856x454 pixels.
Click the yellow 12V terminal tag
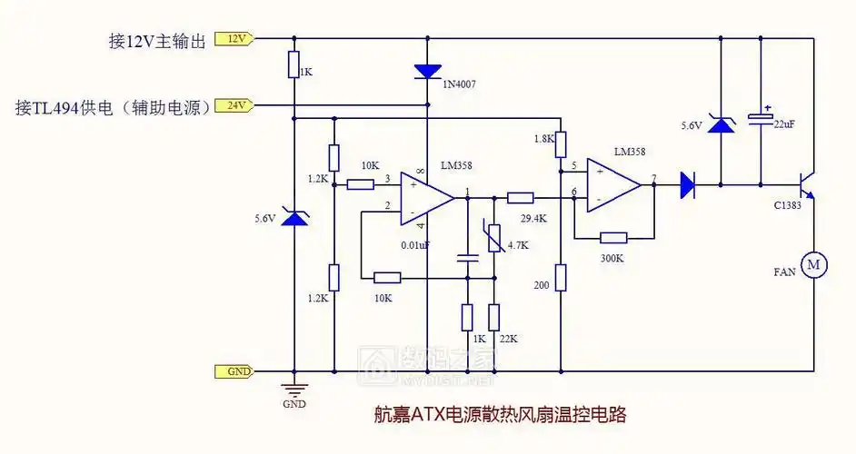(234, 39)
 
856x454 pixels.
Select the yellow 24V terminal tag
(234, 105)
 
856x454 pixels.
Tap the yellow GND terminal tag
(234, 371)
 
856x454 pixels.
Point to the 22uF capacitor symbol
(757, 118)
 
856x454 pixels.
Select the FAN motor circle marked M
(813, 264)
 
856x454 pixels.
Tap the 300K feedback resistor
(613, 238)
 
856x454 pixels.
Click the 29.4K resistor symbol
(520, 197)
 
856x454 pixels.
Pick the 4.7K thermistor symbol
(493, 240)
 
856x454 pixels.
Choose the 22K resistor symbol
(493, 317)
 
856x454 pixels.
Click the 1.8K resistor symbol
(561, 143)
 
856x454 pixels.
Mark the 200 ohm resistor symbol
(561, 276)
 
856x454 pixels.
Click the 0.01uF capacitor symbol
(467, 259)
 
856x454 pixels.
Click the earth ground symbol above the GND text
(294, 385)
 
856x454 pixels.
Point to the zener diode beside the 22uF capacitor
(721, 125)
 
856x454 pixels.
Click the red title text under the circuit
(501, 415)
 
